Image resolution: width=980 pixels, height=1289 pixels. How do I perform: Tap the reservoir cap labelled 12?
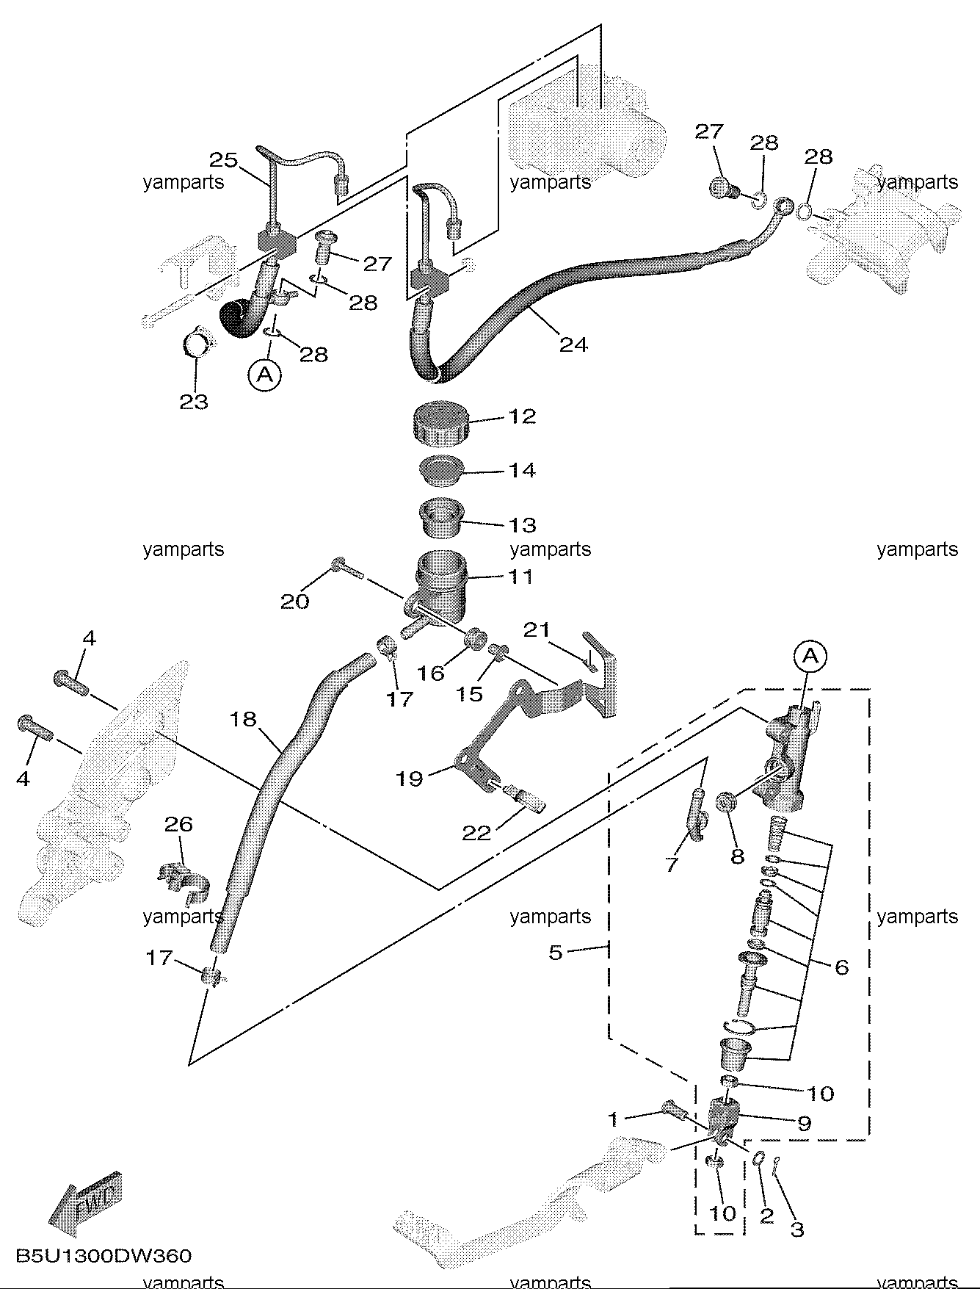[440, 422]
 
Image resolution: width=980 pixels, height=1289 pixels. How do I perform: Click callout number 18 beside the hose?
[243, 718]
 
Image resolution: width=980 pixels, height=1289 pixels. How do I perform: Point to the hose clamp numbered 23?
[196, 343]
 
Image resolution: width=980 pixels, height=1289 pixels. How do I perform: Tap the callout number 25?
[224, 159]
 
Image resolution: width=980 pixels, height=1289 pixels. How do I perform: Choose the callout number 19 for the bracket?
[410, 778]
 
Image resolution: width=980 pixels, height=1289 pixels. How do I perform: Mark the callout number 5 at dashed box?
[555, 953]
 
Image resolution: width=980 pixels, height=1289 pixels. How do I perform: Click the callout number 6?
[841, 967]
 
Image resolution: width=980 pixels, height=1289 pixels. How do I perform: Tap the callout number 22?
[476, 832]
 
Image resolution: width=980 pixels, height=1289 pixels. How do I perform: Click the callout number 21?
[536, 629]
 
